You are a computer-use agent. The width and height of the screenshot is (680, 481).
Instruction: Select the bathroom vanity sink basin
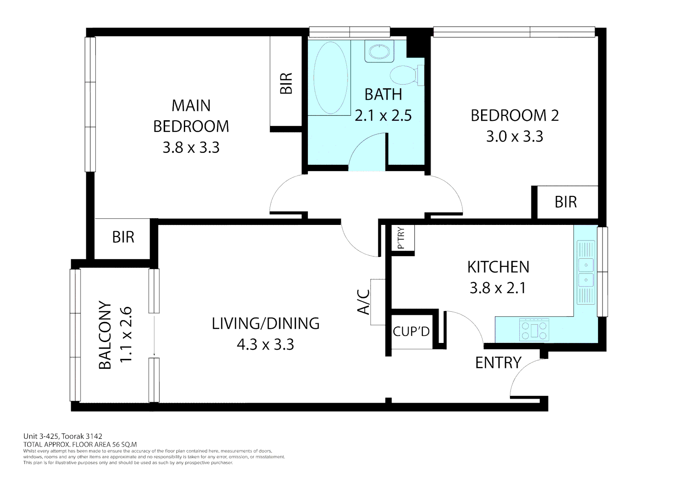pyautogui.click(x=379, y=51)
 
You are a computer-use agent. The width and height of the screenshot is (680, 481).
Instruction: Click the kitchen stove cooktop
pyautogui.click(x=534, y=330)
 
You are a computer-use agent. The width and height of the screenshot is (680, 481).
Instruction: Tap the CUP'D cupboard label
pyautogui.click(x=411, y=332)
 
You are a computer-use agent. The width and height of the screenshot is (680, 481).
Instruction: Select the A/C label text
pyautogui.click(x=364, y=302)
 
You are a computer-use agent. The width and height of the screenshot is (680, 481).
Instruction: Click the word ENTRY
pyautogui.click(x=498, y=363)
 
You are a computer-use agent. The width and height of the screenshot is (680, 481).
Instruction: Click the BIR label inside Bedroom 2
pyautogui.click(x=566, y=202)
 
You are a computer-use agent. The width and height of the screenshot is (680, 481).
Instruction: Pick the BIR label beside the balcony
pyautogui.click(x=123, y=237)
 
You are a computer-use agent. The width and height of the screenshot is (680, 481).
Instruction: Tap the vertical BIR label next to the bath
pyautogui.click(x=286, y=83)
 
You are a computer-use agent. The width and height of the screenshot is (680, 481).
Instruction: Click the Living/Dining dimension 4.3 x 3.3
pyautogui.click(x=265, y=344)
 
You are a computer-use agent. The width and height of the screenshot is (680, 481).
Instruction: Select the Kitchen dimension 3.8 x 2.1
pyautogui.click(x=498, y=288)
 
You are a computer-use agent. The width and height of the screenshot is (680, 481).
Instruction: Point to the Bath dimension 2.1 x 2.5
pyautogui.click(x=383, y=115)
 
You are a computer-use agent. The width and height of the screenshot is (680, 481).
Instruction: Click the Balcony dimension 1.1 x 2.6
pyautogui.click(x=126, y=334)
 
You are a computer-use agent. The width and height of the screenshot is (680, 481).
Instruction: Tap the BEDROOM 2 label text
pyautogui.click(x=514, y=115)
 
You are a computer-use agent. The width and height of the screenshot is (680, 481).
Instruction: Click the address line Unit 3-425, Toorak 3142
pyautogui.click(x=63, y=436)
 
